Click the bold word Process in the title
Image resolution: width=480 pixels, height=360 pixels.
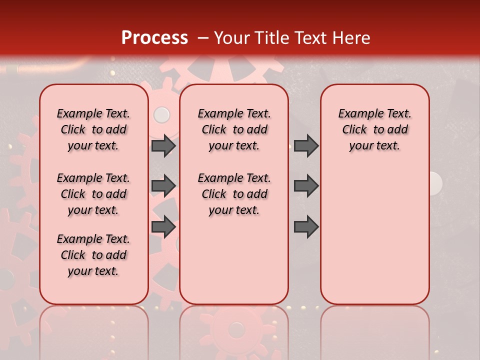tap(154, 38)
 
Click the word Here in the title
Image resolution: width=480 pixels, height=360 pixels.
tap(349, 38)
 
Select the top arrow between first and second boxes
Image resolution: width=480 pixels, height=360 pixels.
tap(163, 145)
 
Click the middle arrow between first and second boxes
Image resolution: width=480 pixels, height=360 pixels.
tap(163, 186)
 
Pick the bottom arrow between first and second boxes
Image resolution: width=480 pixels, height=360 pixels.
tap(163, 226)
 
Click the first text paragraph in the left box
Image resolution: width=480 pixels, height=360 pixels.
tap(93, 129)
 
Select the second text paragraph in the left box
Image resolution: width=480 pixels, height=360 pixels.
tap(93, 194)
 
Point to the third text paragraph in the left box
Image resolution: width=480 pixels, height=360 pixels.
tap(93, 255)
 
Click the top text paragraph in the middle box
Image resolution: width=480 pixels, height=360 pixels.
tap(234, 129)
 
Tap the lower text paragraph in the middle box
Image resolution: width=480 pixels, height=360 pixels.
tap(234, 194)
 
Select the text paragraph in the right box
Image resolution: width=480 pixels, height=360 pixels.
tap(374, 129)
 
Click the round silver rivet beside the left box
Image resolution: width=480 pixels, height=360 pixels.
tap(161, 115)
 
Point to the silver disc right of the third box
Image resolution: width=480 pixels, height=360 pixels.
tap(435, 183)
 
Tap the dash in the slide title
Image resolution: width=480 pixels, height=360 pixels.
tap(202, 38)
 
